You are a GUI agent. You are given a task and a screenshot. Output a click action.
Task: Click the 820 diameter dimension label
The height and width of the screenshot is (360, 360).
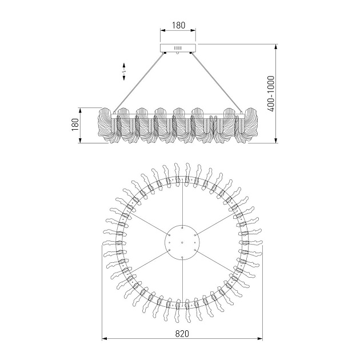(x=182, y=334)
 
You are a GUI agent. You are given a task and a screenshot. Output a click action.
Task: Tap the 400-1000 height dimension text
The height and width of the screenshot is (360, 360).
(x=271, y=94)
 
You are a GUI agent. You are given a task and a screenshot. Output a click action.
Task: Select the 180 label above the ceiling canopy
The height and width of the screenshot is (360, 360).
(x=178, y=25)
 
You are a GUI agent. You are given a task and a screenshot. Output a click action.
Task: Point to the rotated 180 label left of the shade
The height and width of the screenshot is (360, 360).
(x=75, y=125)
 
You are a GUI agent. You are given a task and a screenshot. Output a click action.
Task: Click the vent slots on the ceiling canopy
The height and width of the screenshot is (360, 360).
(x=178, y=48)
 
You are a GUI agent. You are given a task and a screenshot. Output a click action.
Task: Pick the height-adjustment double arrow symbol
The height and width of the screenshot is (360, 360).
(x=124, y=71)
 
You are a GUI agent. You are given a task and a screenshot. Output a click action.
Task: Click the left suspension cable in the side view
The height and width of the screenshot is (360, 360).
(x=139, y=83)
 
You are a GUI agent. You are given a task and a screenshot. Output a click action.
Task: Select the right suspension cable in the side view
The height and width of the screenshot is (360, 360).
(x=217, y=83)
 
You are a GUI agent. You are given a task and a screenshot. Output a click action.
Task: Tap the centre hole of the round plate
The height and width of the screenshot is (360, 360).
(x=182, y=242)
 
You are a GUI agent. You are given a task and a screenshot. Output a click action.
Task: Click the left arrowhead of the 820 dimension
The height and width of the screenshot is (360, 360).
(x=105, y=339)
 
